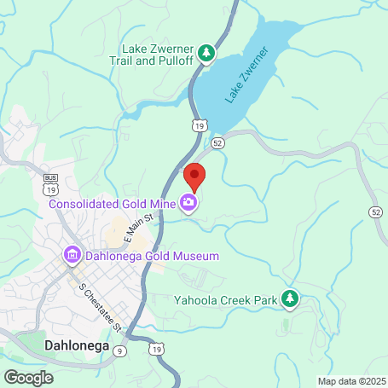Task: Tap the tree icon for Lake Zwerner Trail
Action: pyautogui.click(x=206, y=55)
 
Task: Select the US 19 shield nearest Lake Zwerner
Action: pyautogui.click(x=200, y=125)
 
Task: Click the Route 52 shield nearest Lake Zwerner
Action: pyautogui.click(x=217, y=142)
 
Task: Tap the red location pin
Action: pyautogui.click(x=195, y=177)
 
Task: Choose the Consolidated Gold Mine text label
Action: pyautogui.click(x=112, y=203)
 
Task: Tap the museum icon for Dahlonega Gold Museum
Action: pyautogui.click(x=72, y=255)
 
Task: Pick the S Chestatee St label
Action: pyautogui.click(x=101, y=306)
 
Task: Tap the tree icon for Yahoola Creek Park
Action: pyautogui.click(x=291, y=298)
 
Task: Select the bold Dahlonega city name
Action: pyautogui.click(x=76, y=345)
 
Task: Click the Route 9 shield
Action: pyautogui.click(x=119, y=350)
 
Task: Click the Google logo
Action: pyautogui.click(x=28, y=378)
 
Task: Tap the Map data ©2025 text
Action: pyautogui.click(x=351, y=381)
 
